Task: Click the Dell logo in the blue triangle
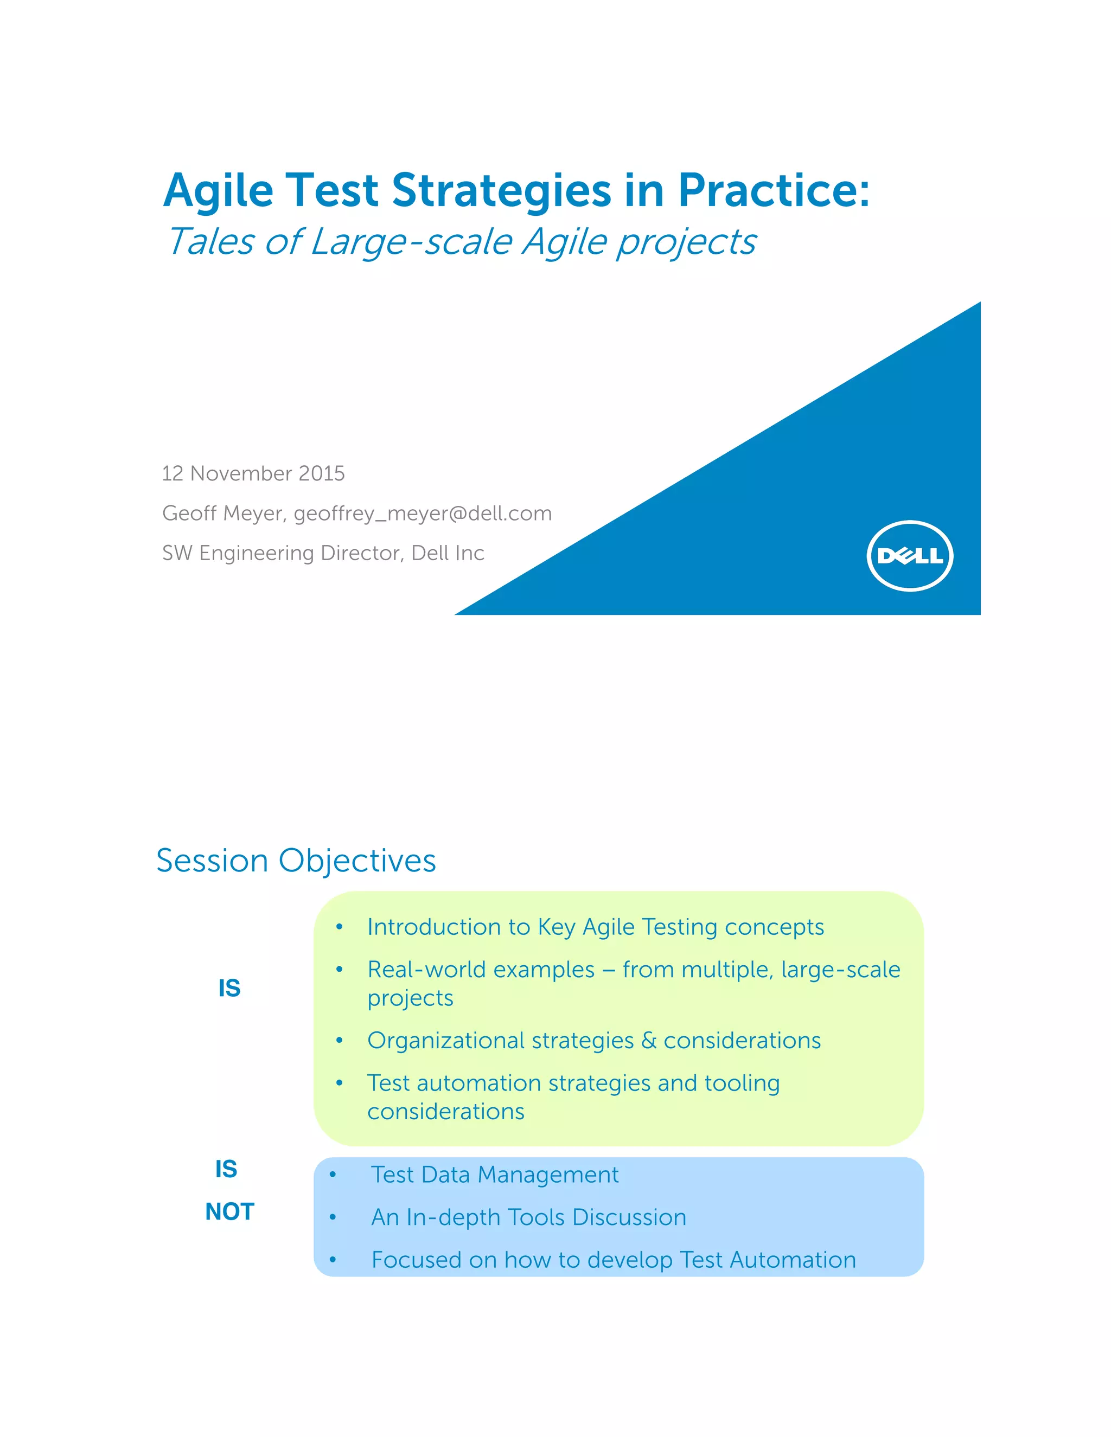coord(910,556)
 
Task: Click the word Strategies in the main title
coord(502,191)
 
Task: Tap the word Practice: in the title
coord(774,191)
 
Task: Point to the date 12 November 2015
coord(253,474)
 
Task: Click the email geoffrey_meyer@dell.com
coord(423,513)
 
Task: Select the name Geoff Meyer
coord(222,513)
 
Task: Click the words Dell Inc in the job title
coord(448,553)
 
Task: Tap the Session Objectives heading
coord(296,861)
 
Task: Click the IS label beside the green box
coord(229,988)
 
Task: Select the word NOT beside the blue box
coord(229,1212)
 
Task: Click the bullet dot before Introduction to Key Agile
coord(340,928)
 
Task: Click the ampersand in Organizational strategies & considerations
coord(649,1041)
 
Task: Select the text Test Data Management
coord(495,1175)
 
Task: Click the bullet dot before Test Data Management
coord(333,1176)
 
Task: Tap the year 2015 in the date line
coord(321,474)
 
